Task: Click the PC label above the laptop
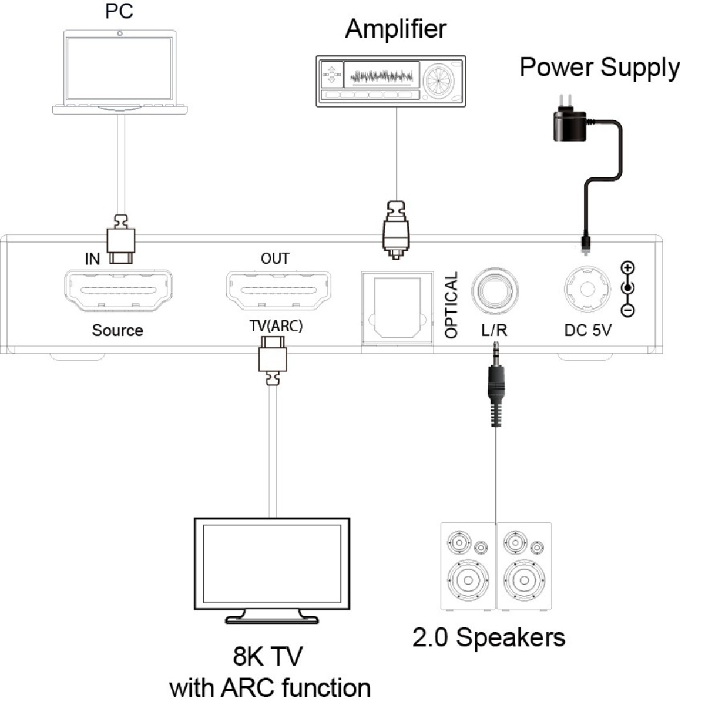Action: (x=119, y=12)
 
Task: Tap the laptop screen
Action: (x=119, y=69)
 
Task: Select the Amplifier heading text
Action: (x=395, y=29)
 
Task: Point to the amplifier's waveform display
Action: (x=381, y=76)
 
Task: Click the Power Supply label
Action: (x=599, y=68)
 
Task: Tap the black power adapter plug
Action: (x=569, y=125)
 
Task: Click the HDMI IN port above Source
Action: (x=118, y=290)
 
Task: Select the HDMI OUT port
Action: (x=278, y=290)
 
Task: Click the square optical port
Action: (x=398, y=308)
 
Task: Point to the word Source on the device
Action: (x=117, y=330)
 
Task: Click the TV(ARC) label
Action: (x=276, y=326)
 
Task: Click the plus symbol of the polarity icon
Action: (x=628, y=268)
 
